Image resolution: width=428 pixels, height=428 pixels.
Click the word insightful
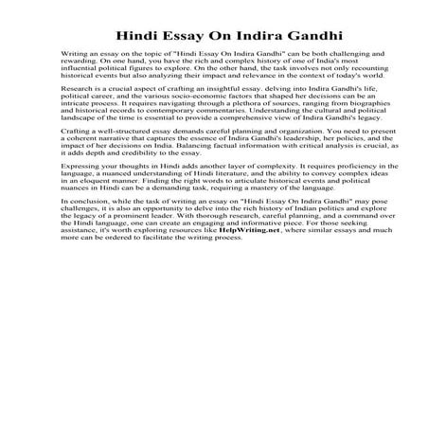[194, 113]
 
